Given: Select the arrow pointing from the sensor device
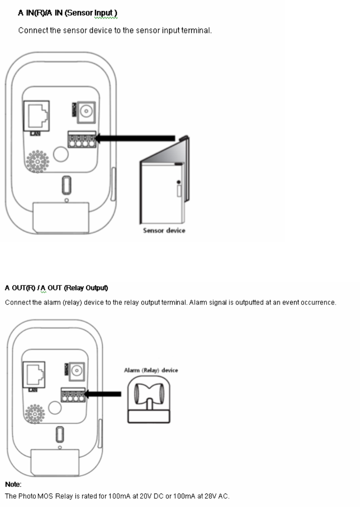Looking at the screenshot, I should click(x=135, y=138).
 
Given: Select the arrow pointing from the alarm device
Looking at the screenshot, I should click(x=103, y=394).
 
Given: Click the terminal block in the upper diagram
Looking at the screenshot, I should click(x=81, y=139).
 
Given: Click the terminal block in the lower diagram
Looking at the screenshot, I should click(x=72, y=395).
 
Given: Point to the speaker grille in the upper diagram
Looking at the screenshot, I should click(x=37, y=161).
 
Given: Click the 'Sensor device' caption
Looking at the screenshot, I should click(x=164, y=230).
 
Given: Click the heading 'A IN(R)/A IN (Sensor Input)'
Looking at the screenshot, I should click(x=67, y=14).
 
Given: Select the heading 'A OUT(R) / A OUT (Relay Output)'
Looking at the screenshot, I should click(x=56, y=288).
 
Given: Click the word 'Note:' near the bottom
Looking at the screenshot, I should click(x=13, y=484).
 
